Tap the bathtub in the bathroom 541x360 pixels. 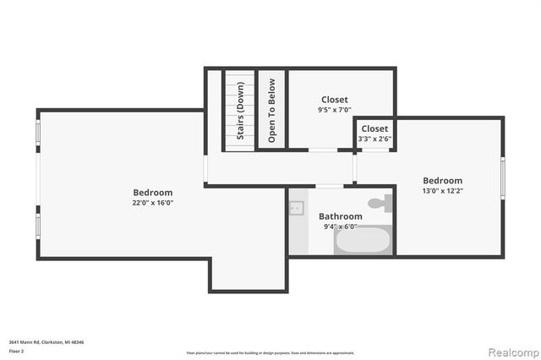[363, 240]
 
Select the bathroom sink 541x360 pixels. [297, 208]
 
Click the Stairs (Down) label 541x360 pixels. [240, 110]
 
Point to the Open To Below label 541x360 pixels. [272, 110]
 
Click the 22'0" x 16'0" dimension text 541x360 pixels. [152, 203]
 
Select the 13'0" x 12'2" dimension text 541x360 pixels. [443, 191]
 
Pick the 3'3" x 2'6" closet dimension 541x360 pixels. [374, 139]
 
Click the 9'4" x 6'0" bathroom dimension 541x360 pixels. [340, 226]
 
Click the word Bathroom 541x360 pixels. [340, 216]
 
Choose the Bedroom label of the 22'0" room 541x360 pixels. [152, 192]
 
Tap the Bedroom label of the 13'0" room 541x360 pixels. [443, 180]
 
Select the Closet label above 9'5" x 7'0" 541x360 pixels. [334, 100]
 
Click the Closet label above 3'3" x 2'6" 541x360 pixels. [374, 128]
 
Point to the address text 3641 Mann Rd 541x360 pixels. [46, 341]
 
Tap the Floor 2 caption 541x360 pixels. [17, 351]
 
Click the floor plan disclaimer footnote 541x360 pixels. [270, 352]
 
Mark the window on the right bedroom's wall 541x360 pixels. [502, 180]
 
